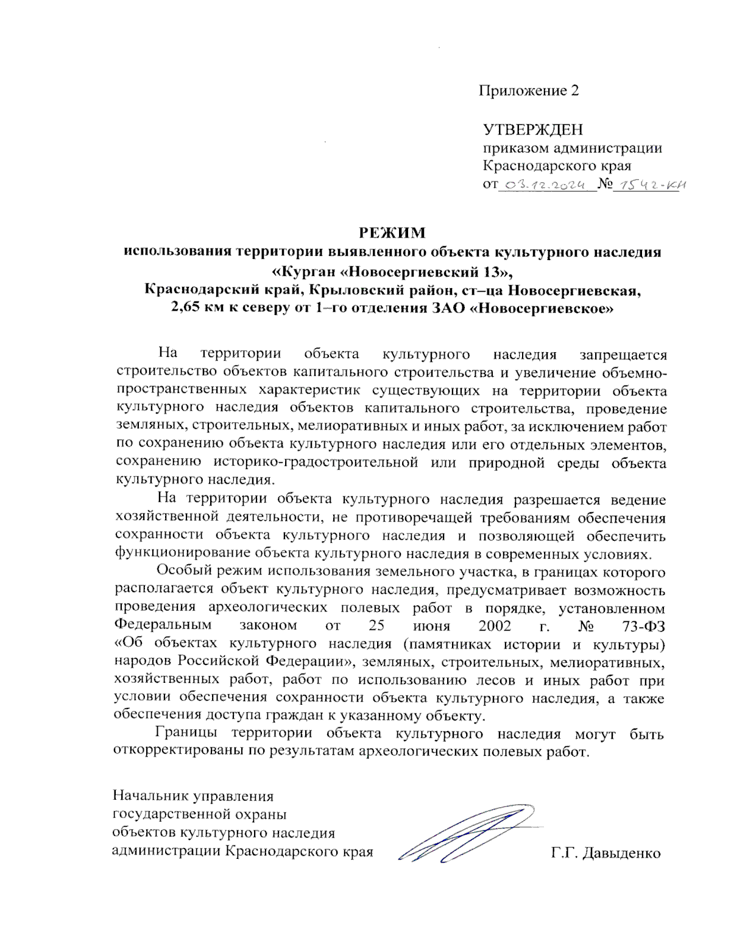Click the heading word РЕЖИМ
click(x=391, y=233)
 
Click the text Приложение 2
click(x=528, y=91)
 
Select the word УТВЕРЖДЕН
click(x=532, y=130)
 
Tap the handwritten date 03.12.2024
click(x=545, y=185)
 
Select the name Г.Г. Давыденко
click(x=606, y=853)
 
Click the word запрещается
click(x=623, y=355)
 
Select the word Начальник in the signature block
click(x=151, y=796)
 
